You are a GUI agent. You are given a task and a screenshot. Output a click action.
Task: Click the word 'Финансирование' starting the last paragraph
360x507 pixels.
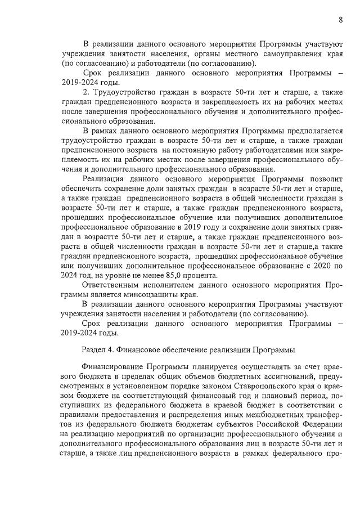click(114, 366)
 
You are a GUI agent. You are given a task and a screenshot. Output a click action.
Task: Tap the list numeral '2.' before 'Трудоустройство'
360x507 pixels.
click(85, 92)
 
